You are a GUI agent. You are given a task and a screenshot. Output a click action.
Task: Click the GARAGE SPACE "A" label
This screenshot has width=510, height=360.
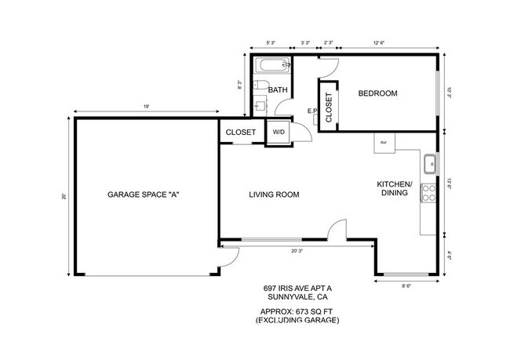point(144,194)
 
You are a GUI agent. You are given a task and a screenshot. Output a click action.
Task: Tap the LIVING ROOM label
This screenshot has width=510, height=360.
point(275,195)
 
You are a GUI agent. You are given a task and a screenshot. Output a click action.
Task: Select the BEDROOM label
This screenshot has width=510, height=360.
point(377,93)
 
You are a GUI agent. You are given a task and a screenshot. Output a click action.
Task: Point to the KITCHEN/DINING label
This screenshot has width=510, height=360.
point(396,187)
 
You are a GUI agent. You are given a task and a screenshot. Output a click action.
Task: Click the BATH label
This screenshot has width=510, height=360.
point(278,90)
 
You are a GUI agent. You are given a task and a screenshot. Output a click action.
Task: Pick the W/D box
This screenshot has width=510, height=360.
point(279,133)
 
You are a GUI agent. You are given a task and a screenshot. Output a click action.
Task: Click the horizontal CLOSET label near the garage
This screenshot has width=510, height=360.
point(241,133)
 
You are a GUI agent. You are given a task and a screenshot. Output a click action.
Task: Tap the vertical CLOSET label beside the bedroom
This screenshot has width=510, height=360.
point(329,107)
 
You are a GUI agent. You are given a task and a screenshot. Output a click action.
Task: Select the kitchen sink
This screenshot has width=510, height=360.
point(430,165)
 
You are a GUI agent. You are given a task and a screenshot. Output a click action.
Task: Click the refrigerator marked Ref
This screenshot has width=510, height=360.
point(384,143)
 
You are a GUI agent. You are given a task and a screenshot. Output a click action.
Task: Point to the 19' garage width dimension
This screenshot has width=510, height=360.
point(147,105)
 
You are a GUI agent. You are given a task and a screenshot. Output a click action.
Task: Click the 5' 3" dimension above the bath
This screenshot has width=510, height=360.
point(271,43)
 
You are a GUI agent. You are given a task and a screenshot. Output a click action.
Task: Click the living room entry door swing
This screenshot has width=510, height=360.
point(337,229)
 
